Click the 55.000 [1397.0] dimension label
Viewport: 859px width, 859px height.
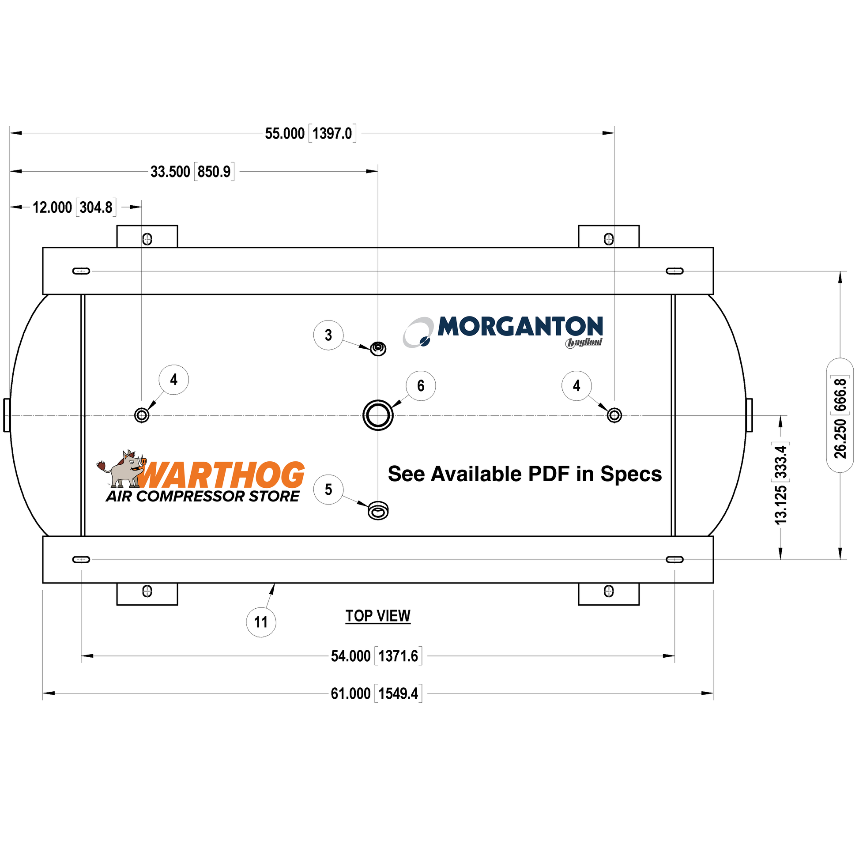pos(310,133)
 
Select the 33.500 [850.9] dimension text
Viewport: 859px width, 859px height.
pos(192,172)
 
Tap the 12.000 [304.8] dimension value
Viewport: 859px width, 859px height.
pos(74,207)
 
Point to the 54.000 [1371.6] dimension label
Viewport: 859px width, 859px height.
pos(376,656)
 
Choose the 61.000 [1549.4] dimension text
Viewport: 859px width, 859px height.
pos(376,693)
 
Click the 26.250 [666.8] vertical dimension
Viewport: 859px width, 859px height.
pos(840,416)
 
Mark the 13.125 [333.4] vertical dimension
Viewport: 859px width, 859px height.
pos(781,483)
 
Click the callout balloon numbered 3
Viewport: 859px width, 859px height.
pos(328,335)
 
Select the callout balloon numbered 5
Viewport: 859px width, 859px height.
pos(328,489)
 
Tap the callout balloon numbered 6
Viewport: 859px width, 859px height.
pos(421,385)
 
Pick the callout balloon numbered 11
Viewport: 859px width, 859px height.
pos(261,622)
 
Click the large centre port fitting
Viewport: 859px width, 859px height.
pos(378,415)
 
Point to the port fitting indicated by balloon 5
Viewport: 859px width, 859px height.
pos(378,510)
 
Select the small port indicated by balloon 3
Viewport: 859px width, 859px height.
pos(378,349)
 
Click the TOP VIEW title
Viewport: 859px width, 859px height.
pos(378,616)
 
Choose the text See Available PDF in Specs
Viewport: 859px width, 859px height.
pos(525,474)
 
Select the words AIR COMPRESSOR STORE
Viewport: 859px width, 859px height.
pos(203,496)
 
